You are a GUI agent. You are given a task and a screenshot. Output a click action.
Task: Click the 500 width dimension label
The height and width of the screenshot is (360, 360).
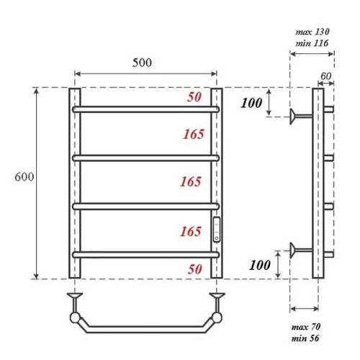click(x=142, y=63)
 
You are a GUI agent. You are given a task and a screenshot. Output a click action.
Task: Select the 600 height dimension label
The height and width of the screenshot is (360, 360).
click(x=24, y=177)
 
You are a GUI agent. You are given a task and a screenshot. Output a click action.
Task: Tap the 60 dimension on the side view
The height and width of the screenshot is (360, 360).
click(x=326, y=76)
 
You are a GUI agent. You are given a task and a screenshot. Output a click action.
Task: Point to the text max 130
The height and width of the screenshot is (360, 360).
click(x=312, y=32)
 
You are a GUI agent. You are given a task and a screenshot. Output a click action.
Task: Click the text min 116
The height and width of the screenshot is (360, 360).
click(x=312, y=43)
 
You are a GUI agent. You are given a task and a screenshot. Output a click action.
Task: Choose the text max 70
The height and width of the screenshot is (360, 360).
click(x=306, y=327)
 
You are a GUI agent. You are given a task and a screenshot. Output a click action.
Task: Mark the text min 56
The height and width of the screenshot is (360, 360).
click(x=305, y=338)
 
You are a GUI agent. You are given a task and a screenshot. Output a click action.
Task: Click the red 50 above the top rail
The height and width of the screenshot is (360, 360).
click(x=194, y=97)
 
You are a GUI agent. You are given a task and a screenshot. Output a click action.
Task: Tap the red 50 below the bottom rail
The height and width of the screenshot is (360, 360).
click(x=195, y=269)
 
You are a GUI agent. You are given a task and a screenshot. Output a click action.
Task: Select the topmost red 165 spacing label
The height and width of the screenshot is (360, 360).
click(x=194, y=134)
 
